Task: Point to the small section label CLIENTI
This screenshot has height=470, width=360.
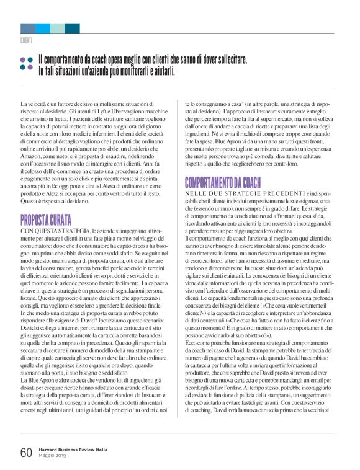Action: coord(26,40)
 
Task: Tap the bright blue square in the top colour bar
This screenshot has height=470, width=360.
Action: coord(42,29)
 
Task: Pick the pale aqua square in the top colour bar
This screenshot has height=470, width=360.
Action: coord(57,29)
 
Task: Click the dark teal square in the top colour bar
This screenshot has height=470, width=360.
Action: coord(72,29)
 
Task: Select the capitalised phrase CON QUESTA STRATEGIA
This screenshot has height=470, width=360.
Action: coord(55,231)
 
